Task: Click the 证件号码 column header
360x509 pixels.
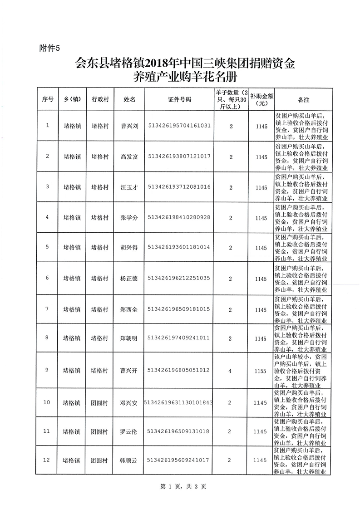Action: click(x=179, y=99)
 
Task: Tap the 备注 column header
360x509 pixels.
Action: click(x=303, y=99)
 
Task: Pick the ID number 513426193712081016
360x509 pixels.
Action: click(x=179, y=187)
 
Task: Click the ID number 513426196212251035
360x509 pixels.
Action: click(x=179, y=278)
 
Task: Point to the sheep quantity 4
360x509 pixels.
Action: click(x=230, y=371)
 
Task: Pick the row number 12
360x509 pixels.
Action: click(x=47, y=460)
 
